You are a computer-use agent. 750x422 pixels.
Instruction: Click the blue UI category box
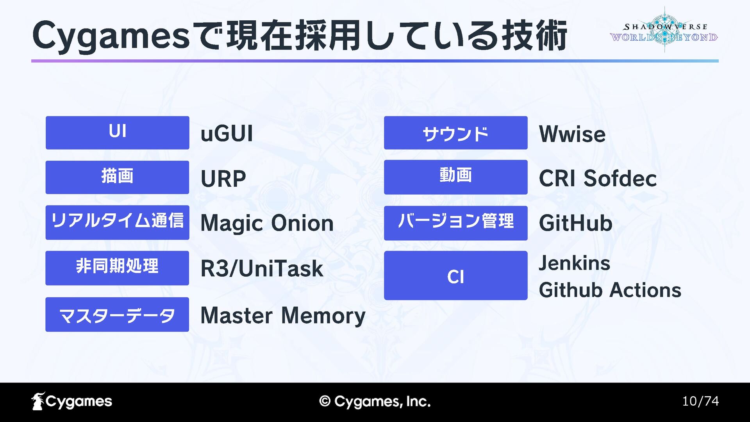point(117,132)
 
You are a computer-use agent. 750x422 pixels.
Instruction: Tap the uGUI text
point(227,134)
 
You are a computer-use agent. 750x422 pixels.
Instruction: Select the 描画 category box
point(117,177)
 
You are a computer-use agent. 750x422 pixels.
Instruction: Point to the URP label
point(223,179)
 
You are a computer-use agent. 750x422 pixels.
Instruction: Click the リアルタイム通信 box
point(117,222)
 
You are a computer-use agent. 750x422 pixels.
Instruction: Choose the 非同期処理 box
point(117,268)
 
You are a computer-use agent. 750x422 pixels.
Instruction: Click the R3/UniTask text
point(262,269)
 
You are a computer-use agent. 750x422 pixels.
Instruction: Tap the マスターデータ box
point(117,315)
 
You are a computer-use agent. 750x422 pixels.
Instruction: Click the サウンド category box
point(455,132)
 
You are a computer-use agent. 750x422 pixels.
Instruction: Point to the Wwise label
point(572,134)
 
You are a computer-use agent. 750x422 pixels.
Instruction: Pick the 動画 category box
point(455,177)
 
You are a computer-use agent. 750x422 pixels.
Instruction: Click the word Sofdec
point(620,179)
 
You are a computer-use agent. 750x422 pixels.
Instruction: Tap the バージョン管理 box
point(455,223)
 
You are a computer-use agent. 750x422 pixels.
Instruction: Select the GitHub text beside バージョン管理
point(575,223)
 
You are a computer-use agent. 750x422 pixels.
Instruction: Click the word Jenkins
point(574,263)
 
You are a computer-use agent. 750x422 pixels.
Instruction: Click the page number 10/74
point(700,401)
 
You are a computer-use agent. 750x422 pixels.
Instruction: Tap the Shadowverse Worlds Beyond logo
point(664,30)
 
